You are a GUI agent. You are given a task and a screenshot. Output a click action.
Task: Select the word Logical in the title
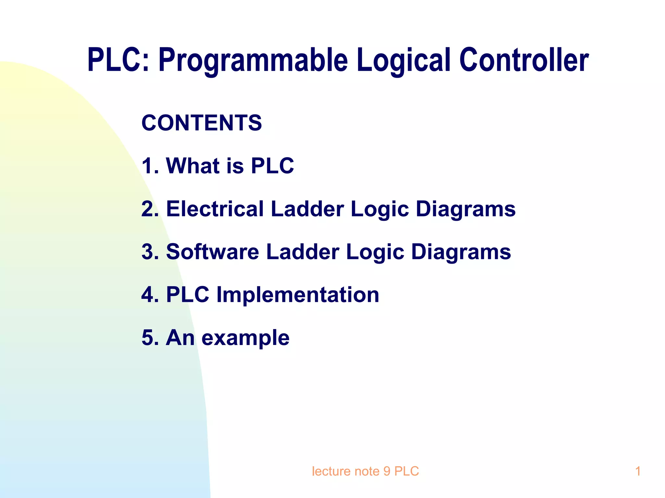pos(404,60)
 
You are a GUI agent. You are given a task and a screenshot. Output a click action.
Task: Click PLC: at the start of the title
pos(119,60)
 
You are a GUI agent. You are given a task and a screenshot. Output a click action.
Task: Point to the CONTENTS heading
pos(202,123)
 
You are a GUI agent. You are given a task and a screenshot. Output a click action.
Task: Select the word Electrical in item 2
pos(215,209)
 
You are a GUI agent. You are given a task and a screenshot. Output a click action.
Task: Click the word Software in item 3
pos(212,252)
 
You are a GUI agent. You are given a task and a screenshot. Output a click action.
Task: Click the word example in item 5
pos(245,338)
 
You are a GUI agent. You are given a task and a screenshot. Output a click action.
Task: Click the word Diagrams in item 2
pos(466,209)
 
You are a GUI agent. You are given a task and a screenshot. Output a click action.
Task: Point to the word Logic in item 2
pos(380,209)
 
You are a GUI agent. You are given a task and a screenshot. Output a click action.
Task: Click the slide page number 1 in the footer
pos(638,471)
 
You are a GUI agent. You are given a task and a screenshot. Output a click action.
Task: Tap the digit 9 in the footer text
pos(386,471)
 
